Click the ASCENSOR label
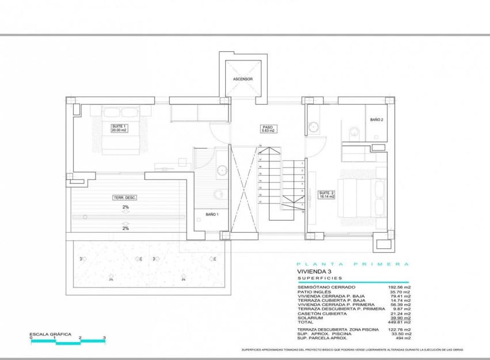(x=243, y=79)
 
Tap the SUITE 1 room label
(x=119, y=128)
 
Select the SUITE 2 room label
(x=326, y=195)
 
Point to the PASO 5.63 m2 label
(x=267, y=129)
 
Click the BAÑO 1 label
(x=212, y=215)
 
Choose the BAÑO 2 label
(x=377, y=120)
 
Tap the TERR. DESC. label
(x=125, y=198)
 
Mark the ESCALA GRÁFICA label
(x=51, y=334)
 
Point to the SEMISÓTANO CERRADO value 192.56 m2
(x=399, y=287)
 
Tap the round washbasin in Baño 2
(x=314, y=127)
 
